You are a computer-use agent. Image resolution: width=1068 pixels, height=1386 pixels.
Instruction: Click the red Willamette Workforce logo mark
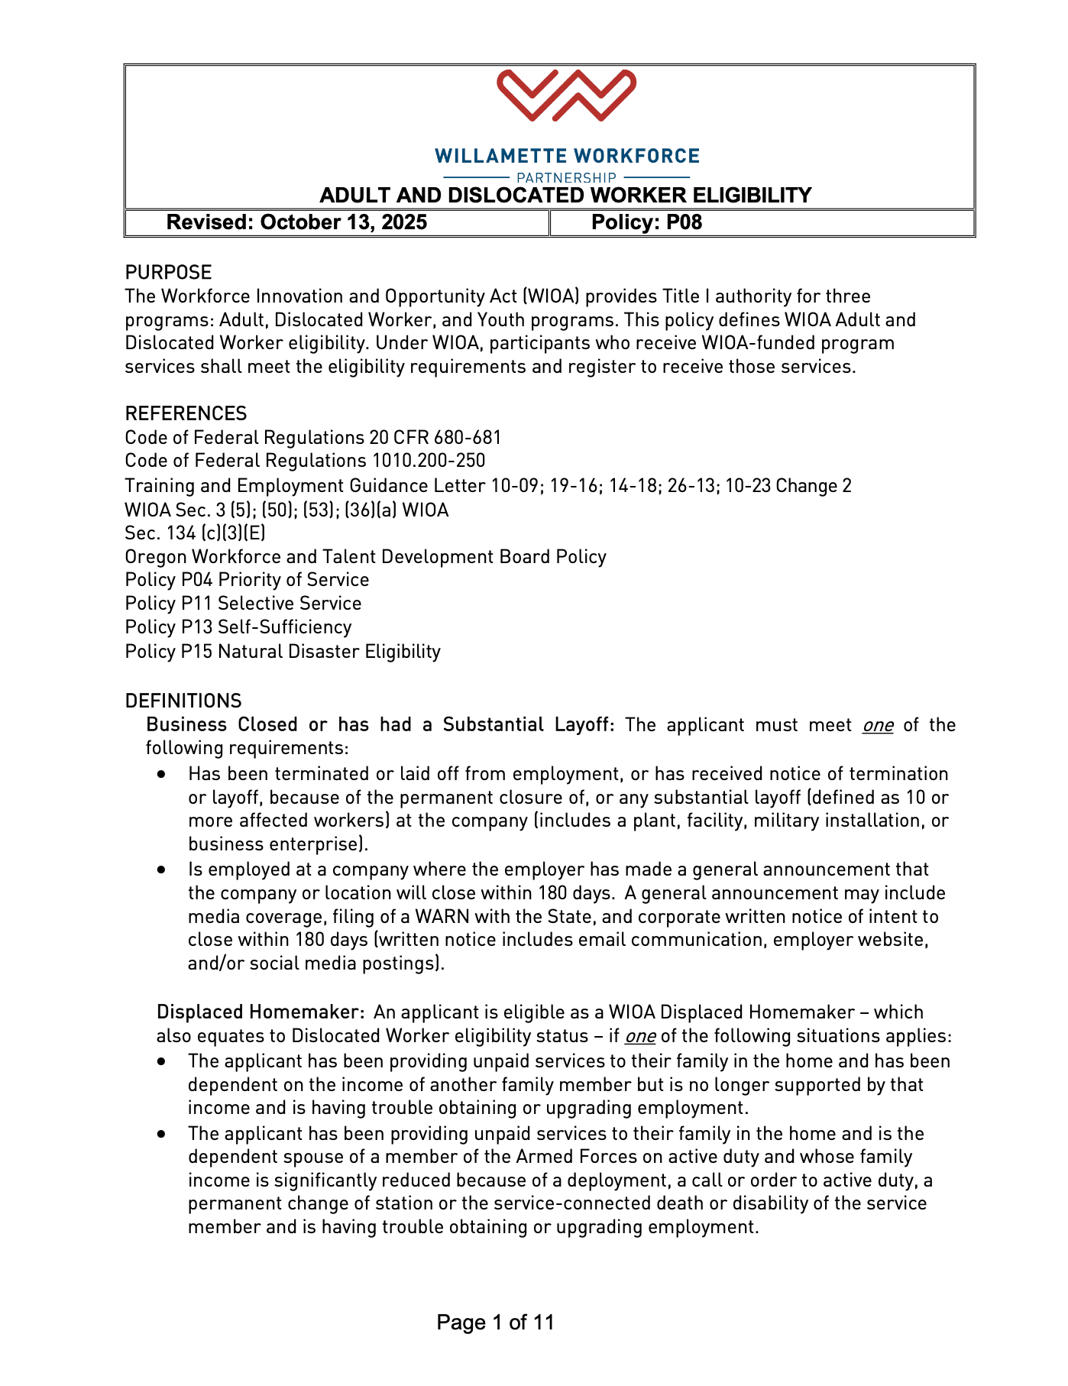click(566, 96)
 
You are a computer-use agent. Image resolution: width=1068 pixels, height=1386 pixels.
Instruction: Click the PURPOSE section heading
click(168, 272)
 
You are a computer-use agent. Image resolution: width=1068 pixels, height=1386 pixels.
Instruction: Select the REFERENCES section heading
click(186, 413)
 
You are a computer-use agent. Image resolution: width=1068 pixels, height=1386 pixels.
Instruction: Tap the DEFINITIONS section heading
click(183, 701)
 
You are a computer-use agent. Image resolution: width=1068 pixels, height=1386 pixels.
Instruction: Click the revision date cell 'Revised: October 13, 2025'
click(296, 222)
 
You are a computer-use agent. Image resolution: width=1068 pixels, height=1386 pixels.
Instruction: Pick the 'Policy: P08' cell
click(646, 222)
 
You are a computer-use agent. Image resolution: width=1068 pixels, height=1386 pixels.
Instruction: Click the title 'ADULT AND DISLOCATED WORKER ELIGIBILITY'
click(565, 196)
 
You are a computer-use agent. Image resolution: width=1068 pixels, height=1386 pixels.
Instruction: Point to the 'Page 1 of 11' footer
click(495, 1322)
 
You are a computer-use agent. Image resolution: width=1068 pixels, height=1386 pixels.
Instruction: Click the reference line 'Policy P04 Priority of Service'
click(247, 580)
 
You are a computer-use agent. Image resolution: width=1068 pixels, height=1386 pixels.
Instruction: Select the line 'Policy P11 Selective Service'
click(243, 604)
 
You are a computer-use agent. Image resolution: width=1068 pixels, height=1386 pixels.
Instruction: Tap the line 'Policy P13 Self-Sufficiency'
click(238, 627)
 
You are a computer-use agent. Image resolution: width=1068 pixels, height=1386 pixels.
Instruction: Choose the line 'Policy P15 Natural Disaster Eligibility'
click(283, 651)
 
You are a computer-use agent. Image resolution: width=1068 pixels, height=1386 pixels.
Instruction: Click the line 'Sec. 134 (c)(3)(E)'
click(195, 533)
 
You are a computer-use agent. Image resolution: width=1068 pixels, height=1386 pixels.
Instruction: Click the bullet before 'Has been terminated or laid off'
click(161, 774)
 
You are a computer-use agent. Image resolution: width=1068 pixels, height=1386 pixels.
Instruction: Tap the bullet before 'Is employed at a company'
click(161, 869)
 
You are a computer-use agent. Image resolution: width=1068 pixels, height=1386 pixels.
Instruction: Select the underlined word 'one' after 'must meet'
click(878, 725)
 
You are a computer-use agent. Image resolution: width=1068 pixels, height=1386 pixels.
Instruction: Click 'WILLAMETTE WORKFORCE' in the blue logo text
click(567, 157)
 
